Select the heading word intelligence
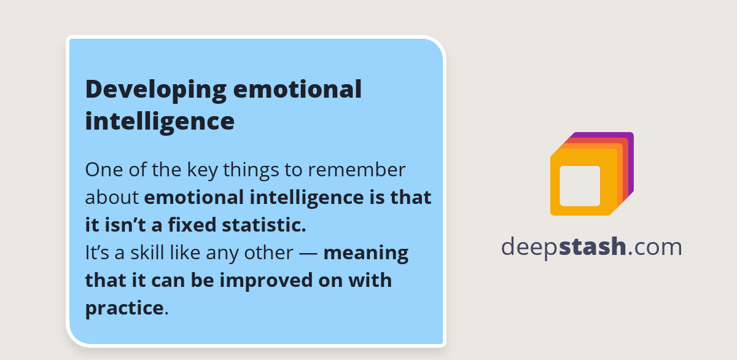click(x=160, y=120)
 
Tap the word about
click(x=112, y=197)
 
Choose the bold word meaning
click(x=366, y=252)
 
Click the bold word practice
click(x=124, y=308)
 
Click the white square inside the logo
click(x=580, y=186)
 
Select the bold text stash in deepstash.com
click(x=593, y=247)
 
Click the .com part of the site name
click(x=655, y=247)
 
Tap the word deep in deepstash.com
click(x=529, y=247)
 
